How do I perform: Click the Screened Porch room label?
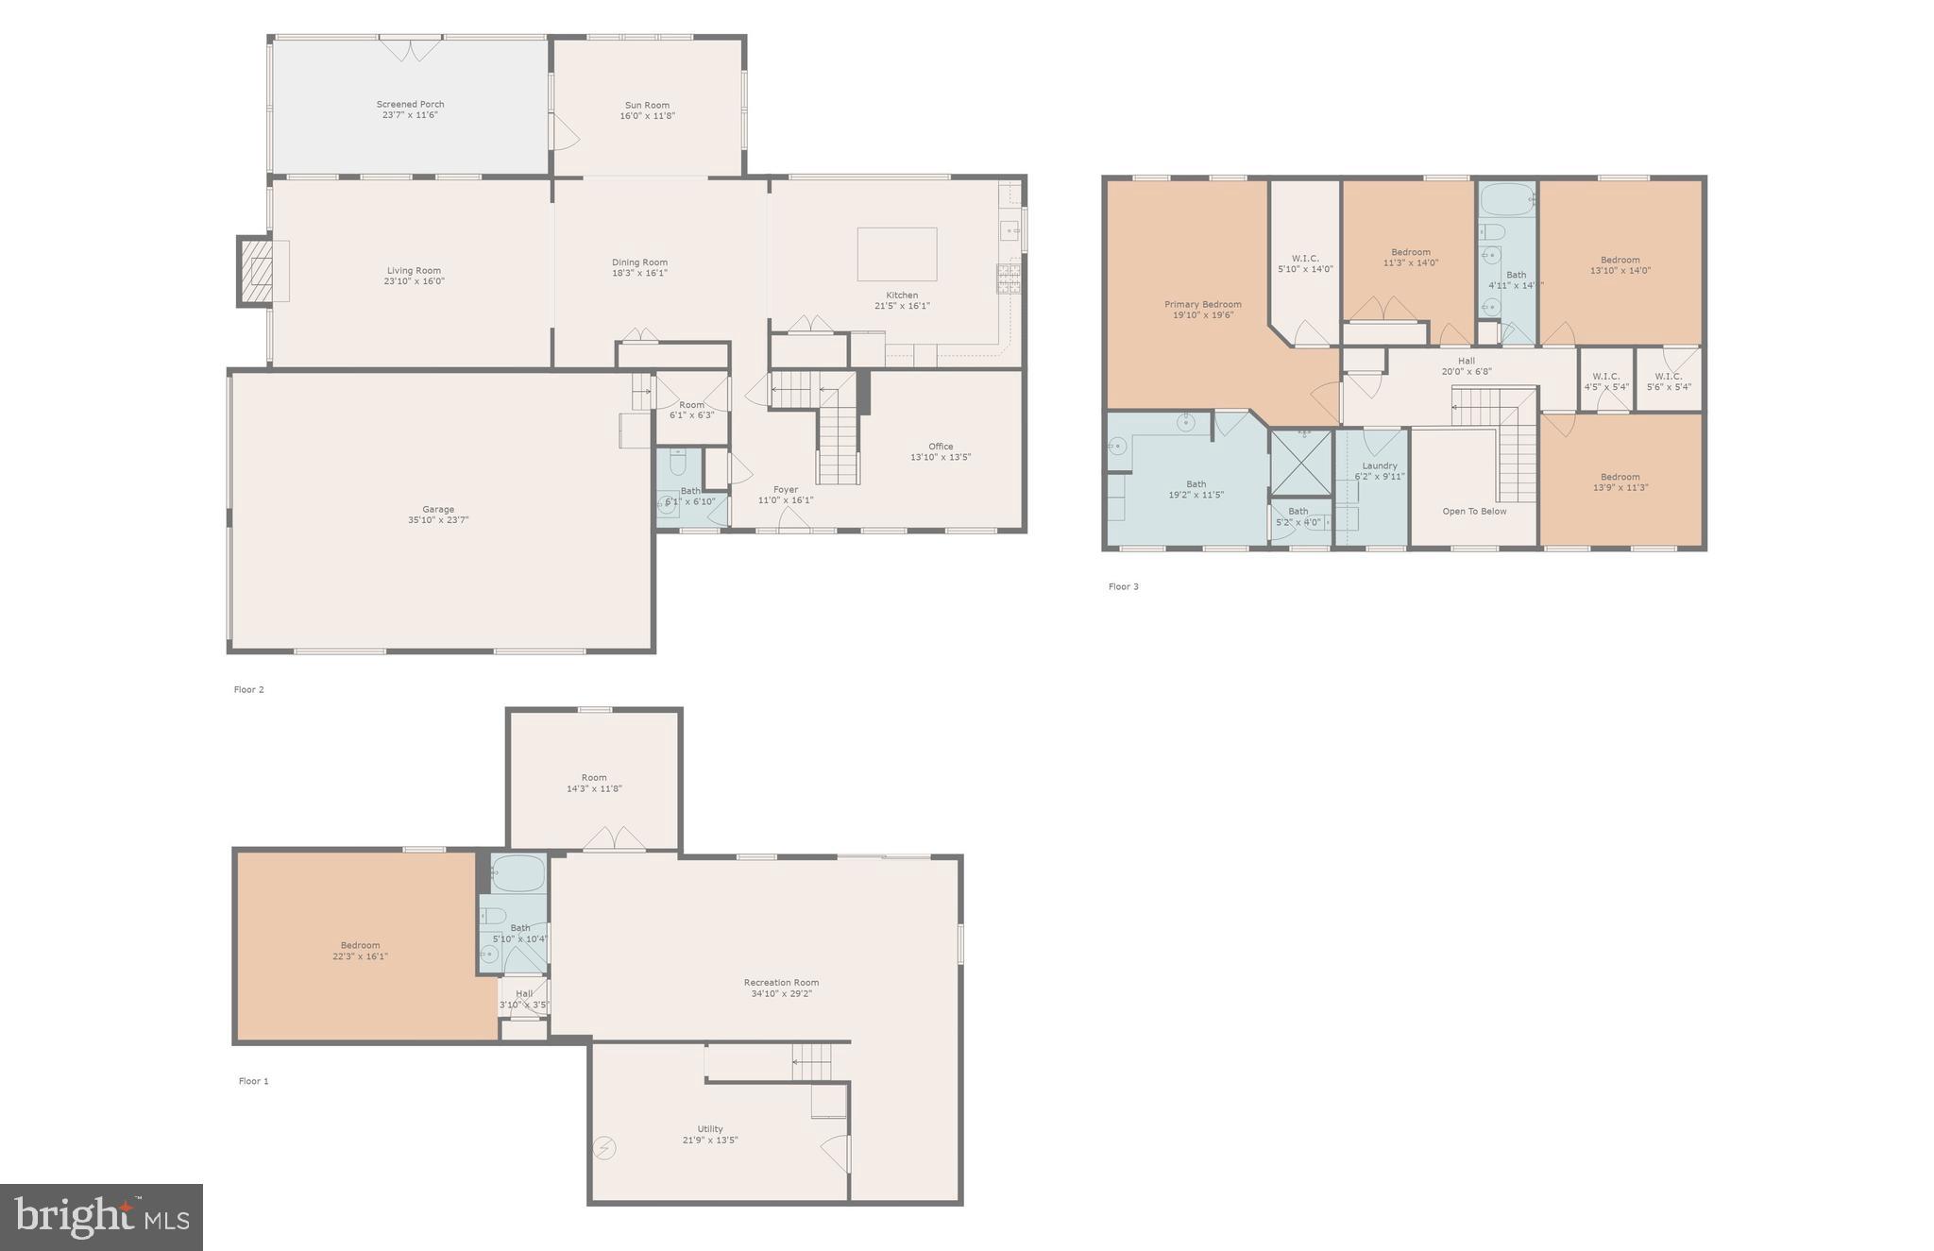(x=410, y=105)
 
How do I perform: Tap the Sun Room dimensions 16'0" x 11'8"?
(x=647, y=116)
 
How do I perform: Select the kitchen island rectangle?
(x=896, y=254)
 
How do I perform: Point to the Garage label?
(x=438, y=510)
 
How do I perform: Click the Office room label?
(x=941, y=447)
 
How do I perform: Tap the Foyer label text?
(x=785, y=490)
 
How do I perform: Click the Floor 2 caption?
(x=249, y=690)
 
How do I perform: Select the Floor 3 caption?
(x=1123, y=587)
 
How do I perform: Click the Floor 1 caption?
(x=253, y=1082)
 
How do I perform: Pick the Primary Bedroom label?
(x=1202, y=305)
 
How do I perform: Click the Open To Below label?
(x=1474, y=512)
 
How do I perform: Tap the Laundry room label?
(x=1380, y=465)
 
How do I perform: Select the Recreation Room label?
(x=781, y=983)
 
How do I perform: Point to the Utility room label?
(x=710, y=1129)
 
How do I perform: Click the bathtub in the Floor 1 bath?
(x=518, y=873)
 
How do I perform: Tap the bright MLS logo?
(x=101, y=1217)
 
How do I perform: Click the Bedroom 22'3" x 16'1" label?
(x=360, y=946)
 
